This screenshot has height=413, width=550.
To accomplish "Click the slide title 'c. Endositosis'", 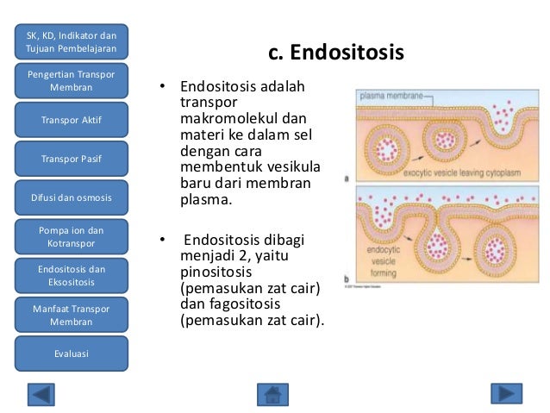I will [x=336, y=53].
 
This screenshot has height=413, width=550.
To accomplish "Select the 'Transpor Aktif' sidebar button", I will [x=72, y=120].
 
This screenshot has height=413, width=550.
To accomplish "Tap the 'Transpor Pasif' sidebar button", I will [x=72, y=160].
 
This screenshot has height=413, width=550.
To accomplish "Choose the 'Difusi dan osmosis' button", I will [x=72, y=198].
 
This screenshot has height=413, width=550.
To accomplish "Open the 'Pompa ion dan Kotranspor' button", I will [x=72, y=237].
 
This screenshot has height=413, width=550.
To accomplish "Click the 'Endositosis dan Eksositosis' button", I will [x=72, y=276].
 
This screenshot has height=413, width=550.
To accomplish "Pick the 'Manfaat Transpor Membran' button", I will [x=72, y=315].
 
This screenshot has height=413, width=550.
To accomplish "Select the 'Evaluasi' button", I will [x=72, y=354].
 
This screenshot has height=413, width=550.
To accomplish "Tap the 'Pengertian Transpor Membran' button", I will [x=72, y=81].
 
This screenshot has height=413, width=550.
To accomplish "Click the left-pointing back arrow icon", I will [x=41, y=394].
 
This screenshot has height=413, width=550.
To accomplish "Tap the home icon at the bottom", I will [x=272, y=394].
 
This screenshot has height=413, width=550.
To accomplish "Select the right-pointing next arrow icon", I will [x=506, y=394].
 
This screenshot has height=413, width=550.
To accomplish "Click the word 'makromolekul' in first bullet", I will [x=222, y=118].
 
